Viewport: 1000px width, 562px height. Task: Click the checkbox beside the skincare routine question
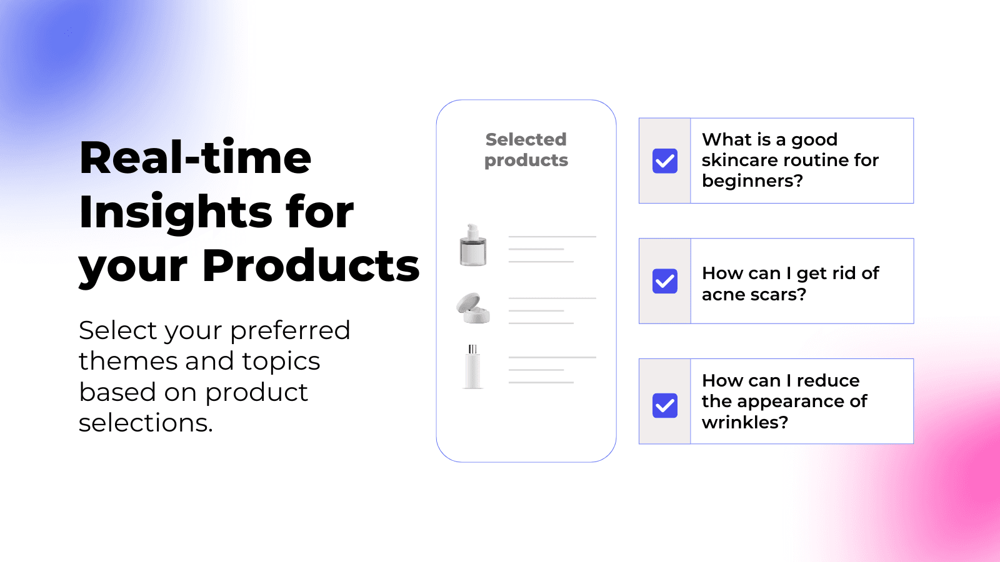(665, 161)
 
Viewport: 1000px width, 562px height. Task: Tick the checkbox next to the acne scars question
(665, 281)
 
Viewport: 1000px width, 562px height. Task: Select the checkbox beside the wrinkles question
(665, 405)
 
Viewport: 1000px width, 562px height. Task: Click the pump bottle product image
(473, 245)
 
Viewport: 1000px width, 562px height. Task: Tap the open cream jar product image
(473, 308)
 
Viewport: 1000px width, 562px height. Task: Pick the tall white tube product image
(472, 367)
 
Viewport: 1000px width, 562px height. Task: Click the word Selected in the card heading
(526, 139)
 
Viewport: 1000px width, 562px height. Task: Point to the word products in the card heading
(526, 160)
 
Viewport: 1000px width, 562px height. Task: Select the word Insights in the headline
(176, 213)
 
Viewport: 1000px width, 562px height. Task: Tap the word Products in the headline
(311, 265)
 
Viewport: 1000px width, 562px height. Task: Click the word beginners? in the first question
(752, 181)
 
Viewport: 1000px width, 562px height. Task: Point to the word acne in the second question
(722, 295)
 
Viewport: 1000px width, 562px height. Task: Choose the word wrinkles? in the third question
(745, 422)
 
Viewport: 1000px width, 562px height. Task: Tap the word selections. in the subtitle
(146, 422)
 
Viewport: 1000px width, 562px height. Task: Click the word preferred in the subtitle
(290, 331)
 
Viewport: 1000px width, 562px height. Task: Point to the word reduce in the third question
(828, 380)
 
